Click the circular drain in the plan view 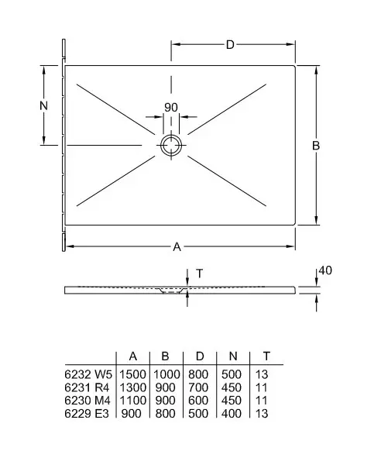pyautogui.click(x=171, y=146)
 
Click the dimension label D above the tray pyautogui.click(x=230, y=45)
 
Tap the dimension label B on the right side pyautogui.click(x=316, y=146)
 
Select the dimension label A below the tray pyautogui.click(x=177, y=247)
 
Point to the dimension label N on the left pyautogui.click(x=43, y=105)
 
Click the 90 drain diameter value pyautogui.click(x=171, y=108)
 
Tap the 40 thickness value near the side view pyautogui.click(x=325, y=270)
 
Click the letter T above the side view pyautogui.click(x=200, y=274)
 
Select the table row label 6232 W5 pyautogui.click(x=88, y=374)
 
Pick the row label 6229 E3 pyautogui.click(x=87, y=414)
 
